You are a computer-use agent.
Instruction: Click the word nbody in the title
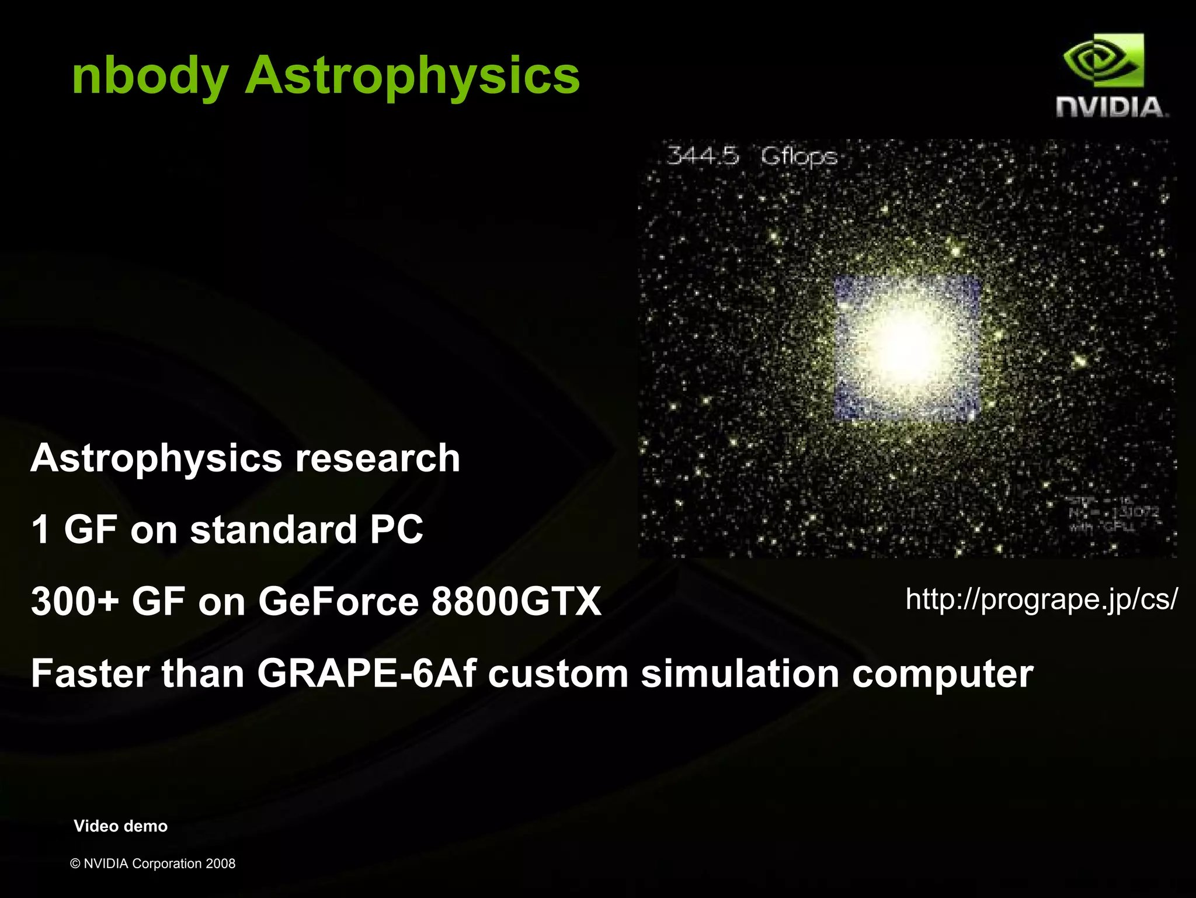[x=149, y=77]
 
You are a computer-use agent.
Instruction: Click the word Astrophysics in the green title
[x=412, y=77]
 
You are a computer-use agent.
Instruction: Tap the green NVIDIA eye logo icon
[x=1103, y=61]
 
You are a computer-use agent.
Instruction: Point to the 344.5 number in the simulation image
[x=703, y=156]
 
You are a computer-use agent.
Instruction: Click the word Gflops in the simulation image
[x=798, y=157]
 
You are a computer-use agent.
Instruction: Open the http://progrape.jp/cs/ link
[x=1041, y=599]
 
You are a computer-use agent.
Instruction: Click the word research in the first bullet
[x=377, y=458]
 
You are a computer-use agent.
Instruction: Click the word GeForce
[x=338, y=602]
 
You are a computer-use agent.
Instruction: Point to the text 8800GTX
[x=516, y=602]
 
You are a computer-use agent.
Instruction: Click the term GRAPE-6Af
[x=366, y=674]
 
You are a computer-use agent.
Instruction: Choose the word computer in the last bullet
[x=942, y=674]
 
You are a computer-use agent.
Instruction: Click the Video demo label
[x=120, y=826]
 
